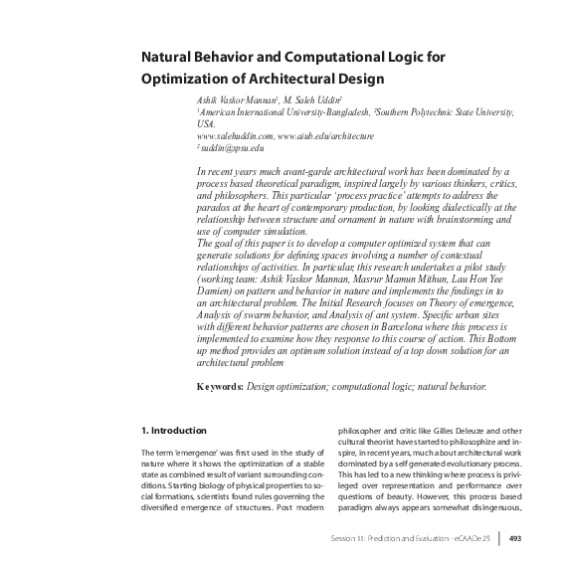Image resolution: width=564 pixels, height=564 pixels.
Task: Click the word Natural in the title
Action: [166, 58]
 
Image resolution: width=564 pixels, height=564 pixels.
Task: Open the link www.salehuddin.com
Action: [234, 135]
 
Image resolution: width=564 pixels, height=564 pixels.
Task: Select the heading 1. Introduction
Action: [172, 431]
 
